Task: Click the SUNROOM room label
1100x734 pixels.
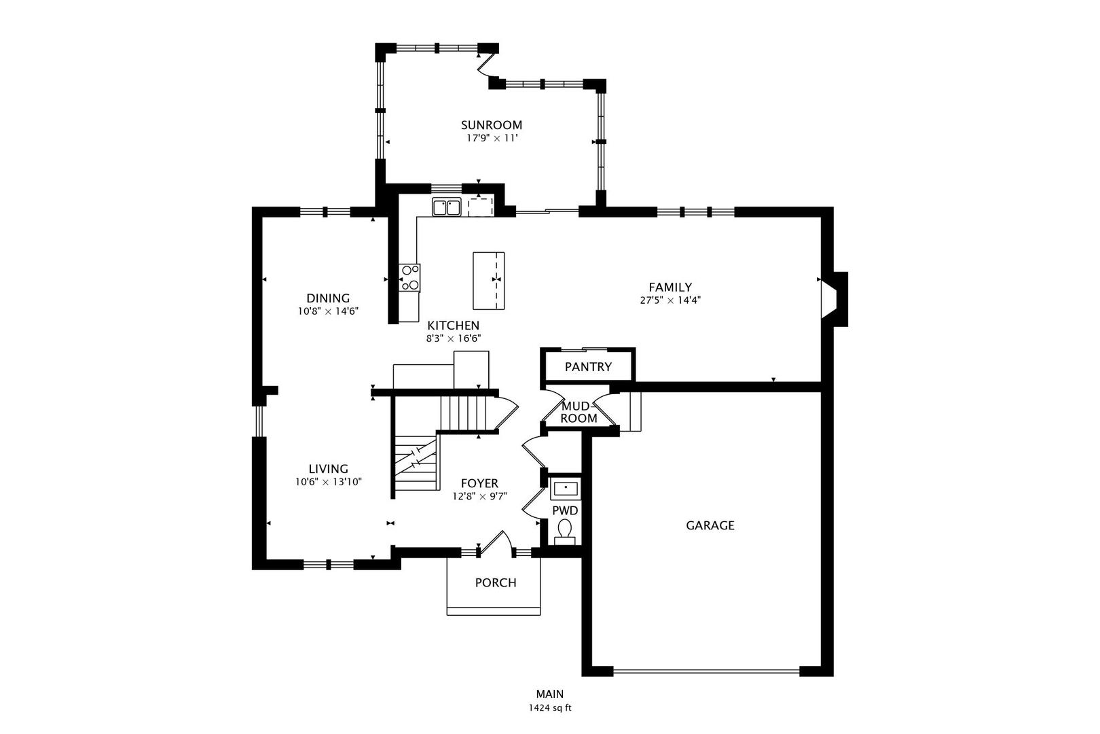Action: click(492, 125)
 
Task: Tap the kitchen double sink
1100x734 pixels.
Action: click(446, 207)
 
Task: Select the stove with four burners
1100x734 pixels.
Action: click(409, 277)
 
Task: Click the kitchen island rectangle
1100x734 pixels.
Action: click(489, 280)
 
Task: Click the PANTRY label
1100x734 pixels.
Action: click(588, 367)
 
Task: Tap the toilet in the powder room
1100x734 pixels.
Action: click(565, 529)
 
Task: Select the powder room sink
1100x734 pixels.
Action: click(565, 488)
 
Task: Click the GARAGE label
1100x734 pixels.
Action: click(710, 525)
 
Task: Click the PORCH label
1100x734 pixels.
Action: click(495, 582)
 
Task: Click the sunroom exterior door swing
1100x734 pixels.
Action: click(485, 65)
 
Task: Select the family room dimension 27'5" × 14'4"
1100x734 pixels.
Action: click(670, 300)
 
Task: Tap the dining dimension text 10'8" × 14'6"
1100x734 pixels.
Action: click(327, 311)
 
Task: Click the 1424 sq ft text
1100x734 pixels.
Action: click(550, 708)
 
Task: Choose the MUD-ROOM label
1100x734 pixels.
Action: click(579, 412)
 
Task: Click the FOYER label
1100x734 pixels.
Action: click(479, 483)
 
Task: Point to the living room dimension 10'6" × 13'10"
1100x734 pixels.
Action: click(328, 482)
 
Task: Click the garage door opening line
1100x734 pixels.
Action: click(706, 671)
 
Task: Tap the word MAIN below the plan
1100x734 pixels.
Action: click(549, 694)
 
